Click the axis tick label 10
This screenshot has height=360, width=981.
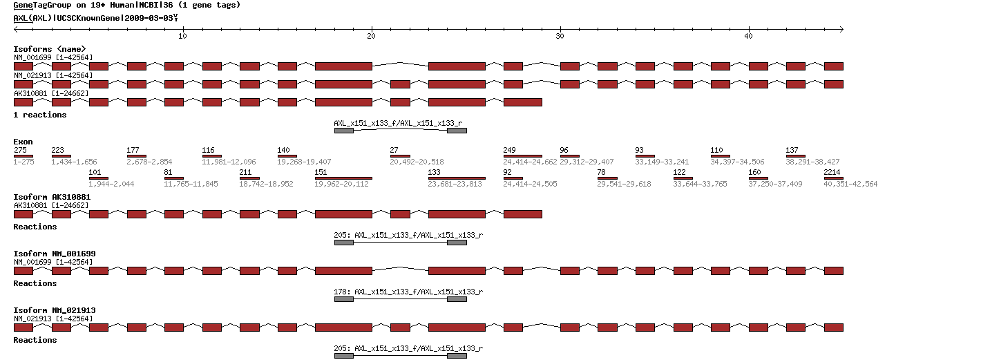[182, 37]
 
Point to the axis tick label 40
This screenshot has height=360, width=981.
[748, 37]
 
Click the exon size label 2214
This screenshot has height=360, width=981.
[832, 173]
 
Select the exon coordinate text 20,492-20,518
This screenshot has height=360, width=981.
[417, 162]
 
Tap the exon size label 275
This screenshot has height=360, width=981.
[20, 150]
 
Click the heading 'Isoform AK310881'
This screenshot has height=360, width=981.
[52, 197]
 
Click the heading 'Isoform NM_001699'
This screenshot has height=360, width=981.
[55, 254]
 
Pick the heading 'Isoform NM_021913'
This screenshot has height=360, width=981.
[55, 310]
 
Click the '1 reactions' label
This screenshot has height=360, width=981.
[40, 115]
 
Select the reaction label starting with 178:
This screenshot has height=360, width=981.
[408, 292]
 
